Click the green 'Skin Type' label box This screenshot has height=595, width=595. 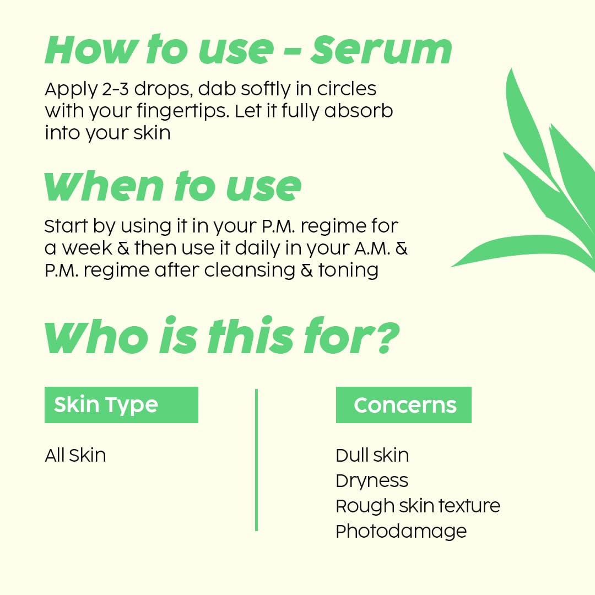click(121, 405)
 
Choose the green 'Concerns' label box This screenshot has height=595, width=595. click(404, 405)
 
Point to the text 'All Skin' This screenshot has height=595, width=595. click(75, 456)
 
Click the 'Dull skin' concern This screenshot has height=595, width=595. click(372, 456)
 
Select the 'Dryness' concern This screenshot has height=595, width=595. click(372, 481)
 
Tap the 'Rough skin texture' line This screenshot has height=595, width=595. click(418, 506)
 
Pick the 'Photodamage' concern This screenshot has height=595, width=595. click(401, 531)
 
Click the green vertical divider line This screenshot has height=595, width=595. click(256, 460)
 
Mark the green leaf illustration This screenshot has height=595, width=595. click(529, 182)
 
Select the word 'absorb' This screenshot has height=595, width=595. click(359, 111)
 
